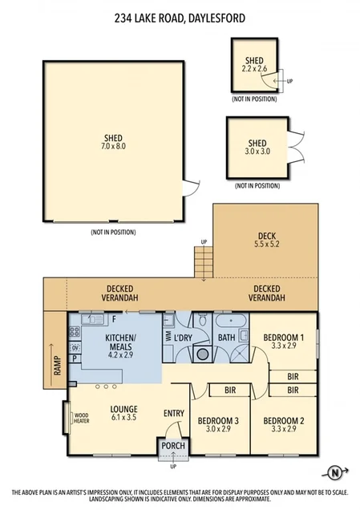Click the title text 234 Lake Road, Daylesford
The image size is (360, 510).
point(180,17)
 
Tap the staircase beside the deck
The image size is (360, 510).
point(204,261)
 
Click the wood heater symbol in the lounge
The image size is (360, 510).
point(66,417)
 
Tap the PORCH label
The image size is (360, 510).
point(174,446)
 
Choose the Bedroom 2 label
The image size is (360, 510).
point(284,424)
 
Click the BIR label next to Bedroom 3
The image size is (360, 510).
point(230,391)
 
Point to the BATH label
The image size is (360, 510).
point(227,338)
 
